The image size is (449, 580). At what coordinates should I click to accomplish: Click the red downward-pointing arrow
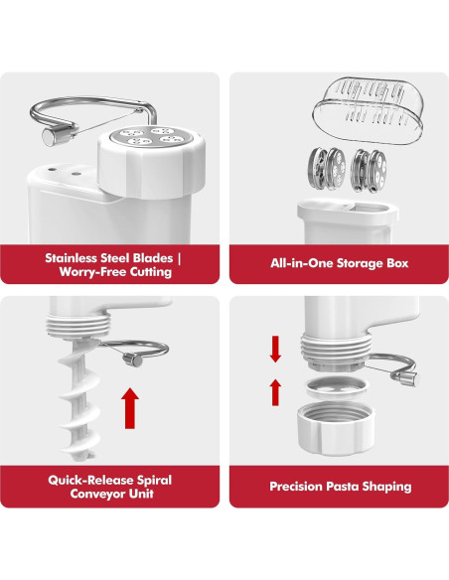coord(276,348)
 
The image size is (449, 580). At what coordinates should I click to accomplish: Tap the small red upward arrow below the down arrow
coord(276,391)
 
